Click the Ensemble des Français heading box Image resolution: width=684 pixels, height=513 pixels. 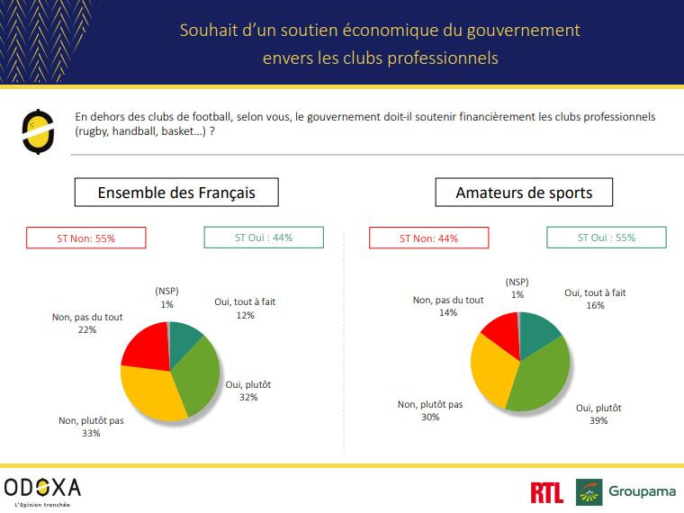click(x=176, y=193)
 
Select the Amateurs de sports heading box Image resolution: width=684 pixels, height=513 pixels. click(x=524, y=193)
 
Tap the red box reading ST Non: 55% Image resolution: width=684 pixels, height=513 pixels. click(x=86, y=238)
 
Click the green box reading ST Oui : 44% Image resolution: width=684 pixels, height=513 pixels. click(x=264, y=238)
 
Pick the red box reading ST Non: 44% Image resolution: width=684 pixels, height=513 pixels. click(x=428, y=238)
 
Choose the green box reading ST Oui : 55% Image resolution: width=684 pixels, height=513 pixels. click(x=607, y=238)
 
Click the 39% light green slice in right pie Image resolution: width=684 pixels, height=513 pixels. click(x=541, y=374)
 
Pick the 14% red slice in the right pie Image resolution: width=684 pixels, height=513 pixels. click(x=500, y=333)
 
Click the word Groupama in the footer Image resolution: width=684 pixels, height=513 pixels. click(x=642, y=491)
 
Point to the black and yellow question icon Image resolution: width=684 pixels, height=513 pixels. click(x=33, y=132)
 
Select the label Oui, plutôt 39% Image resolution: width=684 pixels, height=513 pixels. click(x=598, y=414)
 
